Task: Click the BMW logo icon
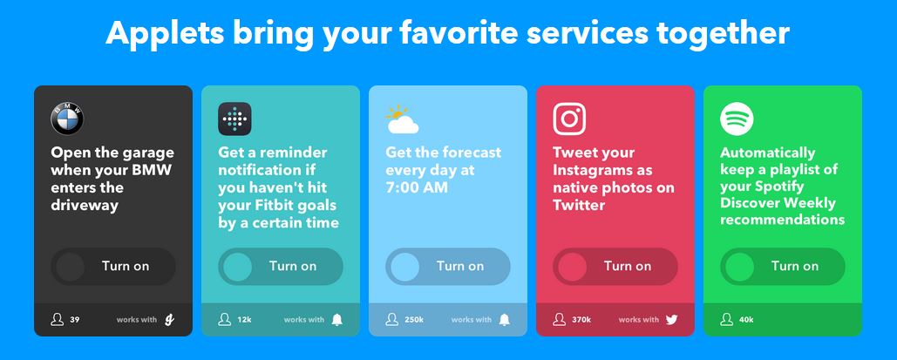point(67,119)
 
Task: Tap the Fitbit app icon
point(234,119)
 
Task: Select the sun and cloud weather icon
point(402,119)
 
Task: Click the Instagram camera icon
point(569,119)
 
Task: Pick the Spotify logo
point(737,119)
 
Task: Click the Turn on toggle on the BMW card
point(113,266)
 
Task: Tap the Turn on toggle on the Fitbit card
point(281,266)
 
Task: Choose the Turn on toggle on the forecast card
point(448,266)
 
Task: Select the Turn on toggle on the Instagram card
point(615,266)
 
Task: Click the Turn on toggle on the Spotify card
point(783,266)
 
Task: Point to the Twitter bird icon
point(671,320)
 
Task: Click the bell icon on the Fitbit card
point(337,319)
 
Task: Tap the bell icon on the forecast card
point(504,319)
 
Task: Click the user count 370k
point(581,319)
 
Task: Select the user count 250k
point(414,319)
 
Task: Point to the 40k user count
point(746,319)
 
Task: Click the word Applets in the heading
point(165,34)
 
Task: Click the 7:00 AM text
point(416,187)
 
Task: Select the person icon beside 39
point(58,319)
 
